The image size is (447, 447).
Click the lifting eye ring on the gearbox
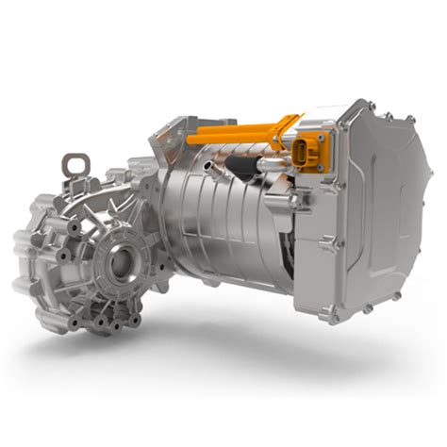tap(74, 168)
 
